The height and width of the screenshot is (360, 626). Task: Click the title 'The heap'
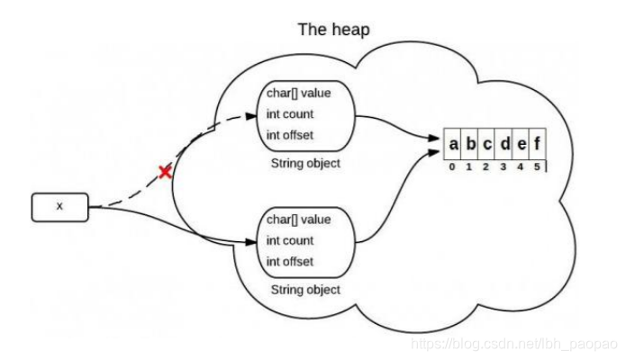333,30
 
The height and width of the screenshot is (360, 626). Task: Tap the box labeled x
60,206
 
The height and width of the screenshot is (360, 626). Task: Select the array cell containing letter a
454,143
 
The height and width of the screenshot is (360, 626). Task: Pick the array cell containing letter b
470,143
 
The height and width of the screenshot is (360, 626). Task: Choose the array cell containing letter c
487,143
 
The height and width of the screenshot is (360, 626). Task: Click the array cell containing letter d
504,143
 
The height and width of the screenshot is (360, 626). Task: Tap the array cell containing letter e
521,143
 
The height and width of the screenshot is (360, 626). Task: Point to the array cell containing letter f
537,143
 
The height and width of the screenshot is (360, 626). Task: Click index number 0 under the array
454,166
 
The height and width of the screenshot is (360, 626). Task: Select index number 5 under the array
539,166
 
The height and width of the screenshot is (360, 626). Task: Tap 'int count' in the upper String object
290,115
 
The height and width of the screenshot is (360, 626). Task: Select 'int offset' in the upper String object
290,135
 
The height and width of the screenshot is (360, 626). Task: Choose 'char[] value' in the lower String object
299,220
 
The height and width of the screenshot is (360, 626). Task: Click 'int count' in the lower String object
290,240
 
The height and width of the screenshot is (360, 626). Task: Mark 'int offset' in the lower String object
290,261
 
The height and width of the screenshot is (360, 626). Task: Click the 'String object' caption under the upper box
305,165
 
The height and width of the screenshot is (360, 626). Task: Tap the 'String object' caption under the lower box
305,290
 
